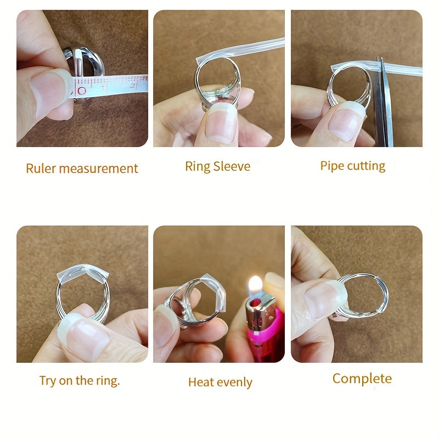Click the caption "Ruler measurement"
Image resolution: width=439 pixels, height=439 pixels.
point(82,168)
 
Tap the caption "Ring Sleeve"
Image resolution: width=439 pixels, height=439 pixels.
point(217,167)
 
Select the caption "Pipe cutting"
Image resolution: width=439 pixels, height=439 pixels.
point(353,166)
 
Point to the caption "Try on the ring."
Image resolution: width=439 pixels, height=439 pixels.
point(80,381)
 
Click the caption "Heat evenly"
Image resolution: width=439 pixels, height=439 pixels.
point(220,382)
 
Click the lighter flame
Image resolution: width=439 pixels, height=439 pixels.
point(255,285)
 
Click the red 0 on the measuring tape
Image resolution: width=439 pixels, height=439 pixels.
point(82,91)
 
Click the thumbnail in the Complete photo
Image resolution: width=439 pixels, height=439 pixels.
point(325,300)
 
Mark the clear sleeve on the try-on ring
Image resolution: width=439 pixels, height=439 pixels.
point(82,272)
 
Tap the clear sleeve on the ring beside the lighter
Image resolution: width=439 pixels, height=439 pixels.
point(216,291)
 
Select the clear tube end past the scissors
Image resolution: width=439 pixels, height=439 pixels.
point(403,70)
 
